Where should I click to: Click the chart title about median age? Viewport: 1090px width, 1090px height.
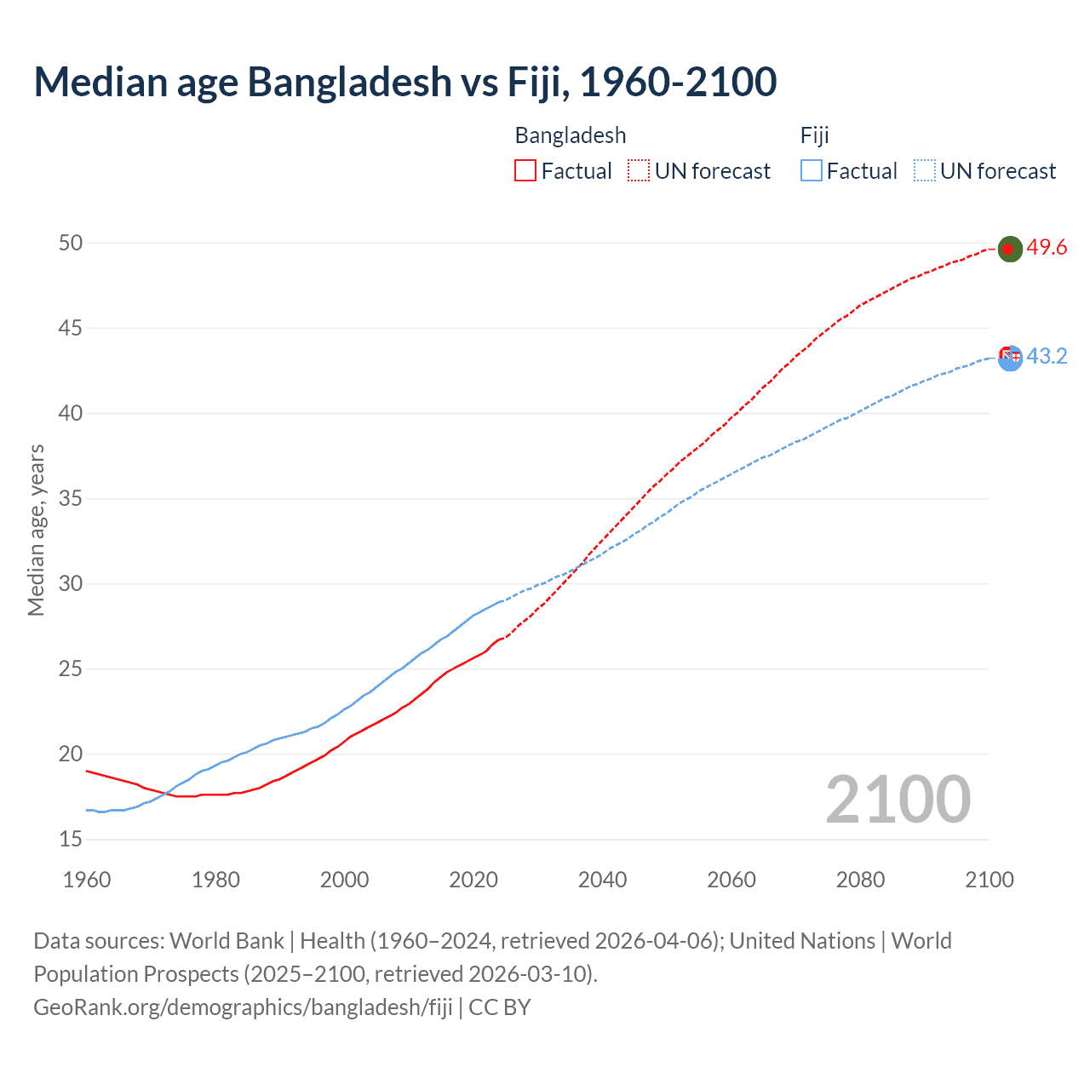(405, 82)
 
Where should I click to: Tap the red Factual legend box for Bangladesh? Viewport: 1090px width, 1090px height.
(525, 170)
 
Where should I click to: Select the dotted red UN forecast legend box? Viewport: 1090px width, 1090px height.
(639, 170)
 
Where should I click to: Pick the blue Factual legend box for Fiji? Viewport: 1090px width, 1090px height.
(811, 170)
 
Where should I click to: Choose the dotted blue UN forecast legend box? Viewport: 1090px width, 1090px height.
(924, 170)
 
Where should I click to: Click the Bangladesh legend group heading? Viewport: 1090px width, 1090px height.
(571, 135)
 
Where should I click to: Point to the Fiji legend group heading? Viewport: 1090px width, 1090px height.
(815, 135)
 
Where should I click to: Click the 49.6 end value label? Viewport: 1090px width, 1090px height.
(1047, 248)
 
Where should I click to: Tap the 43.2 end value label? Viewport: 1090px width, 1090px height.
(1047, 356)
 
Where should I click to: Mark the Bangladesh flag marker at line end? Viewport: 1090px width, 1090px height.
(1009, 249)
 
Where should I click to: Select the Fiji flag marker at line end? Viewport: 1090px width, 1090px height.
(1010, 358)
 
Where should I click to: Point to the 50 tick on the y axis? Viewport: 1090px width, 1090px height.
(71, 243)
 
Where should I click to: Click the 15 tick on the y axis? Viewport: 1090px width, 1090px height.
(71, 839)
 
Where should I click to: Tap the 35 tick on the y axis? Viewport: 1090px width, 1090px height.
(71, 498)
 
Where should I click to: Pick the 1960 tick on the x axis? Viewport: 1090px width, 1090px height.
(87, 880)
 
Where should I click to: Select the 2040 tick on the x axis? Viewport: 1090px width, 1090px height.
(602, 880)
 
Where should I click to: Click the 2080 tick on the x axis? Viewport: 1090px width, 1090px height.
(860, 880)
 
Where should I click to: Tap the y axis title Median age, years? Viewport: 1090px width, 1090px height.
(36, 530)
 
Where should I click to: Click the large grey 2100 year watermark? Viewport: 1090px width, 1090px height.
(898, 799)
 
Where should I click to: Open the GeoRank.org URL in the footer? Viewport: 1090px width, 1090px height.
(244, 1007)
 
